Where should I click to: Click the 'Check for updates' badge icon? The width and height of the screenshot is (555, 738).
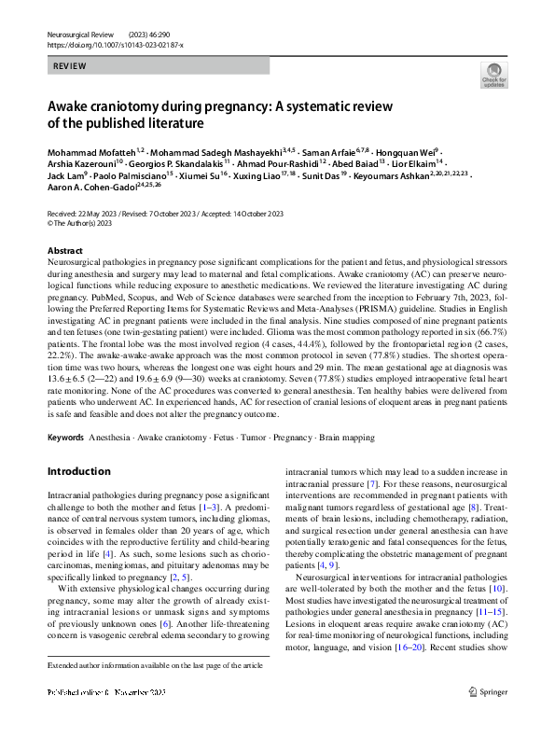[x=492, y=76]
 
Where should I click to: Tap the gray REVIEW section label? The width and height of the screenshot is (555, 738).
[x=70, y=66]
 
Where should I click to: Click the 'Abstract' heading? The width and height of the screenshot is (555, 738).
[x=64, y=252]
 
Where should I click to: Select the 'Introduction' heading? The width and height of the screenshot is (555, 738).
[x=79, y=471]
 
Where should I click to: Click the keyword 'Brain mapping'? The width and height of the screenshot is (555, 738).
[x=368, y=437]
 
